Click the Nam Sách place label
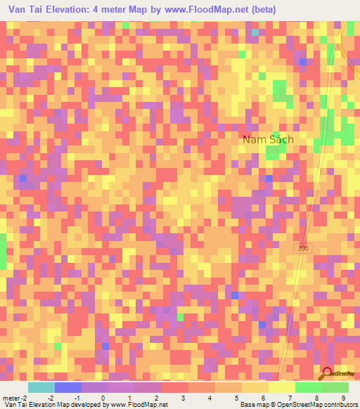point(268,139)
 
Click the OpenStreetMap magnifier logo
point(328,374)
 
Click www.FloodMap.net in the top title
point(210,10)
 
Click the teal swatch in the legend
point(41,387)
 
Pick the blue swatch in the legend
point(67,387)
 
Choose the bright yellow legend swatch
point(281,387)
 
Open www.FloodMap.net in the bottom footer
point(136,405)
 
